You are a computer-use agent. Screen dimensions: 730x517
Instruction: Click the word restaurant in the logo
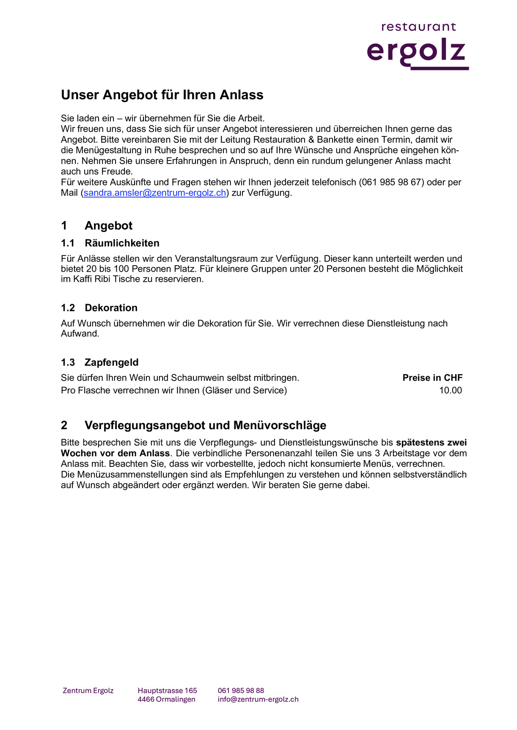418,27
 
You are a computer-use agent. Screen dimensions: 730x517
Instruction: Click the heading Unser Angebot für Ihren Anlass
162,95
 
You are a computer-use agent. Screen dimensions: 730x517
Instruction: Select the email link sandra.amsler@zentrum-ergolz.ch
155,193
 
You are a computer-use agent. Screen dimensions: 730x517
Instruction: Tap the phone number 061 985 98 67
391,182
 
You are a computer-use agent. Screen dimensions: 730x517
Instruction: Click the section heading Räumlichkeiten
122,243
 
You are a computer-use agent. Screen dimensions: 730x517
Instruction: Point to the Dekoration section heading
111,308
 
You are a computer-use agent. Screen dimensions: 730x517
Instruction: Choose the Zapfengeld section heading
111,362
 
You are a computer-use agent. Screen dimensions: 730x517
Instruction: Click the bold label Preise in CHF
432,378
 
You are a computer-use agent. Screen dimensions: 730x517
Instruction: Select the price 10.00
450,390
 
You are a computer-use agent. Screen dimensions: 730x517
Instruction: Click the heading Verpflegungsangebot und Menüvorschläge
205,425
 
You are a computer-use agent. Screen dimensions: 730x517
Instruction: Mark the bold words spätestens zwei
431,443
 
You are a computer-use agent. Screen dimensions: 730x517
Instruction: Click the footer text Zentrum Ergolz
88,691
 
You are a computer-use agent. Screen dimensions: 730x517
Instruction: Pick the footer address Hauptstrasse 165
167,691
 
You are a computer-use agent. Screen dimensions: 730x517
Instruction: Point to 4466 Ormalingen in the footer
166,699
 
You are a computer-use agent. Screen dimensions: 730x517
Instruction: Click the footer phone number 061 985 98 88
241,691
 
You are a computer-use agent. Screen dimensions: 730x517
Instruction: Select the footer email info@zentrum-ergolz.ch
258,699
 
